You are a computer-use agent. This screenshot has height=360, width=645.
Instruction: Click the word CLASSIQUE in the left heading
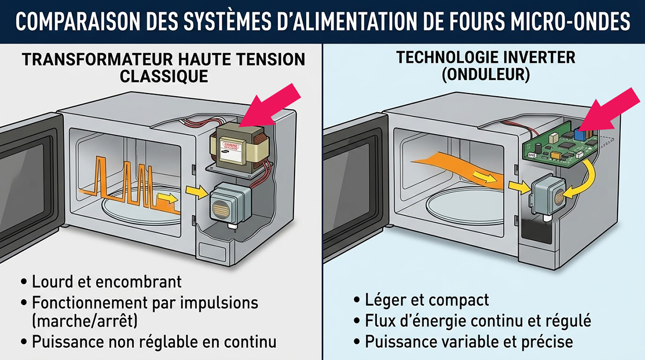point(163,76)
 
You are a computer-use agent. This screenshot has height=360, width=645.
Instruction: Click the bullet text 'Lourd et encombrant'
point(106,282)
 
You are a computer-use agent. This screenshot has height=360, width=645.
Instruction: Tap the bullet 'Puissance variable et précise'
point(469,341)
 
